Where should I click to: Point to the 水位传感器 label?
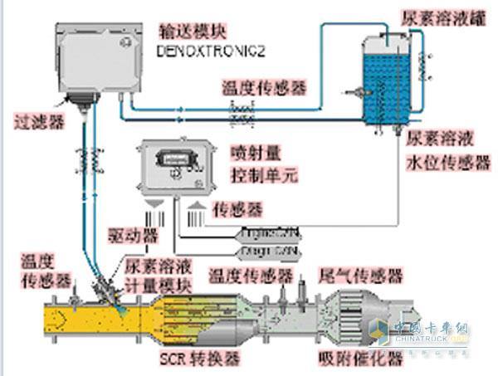[447, 164]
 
